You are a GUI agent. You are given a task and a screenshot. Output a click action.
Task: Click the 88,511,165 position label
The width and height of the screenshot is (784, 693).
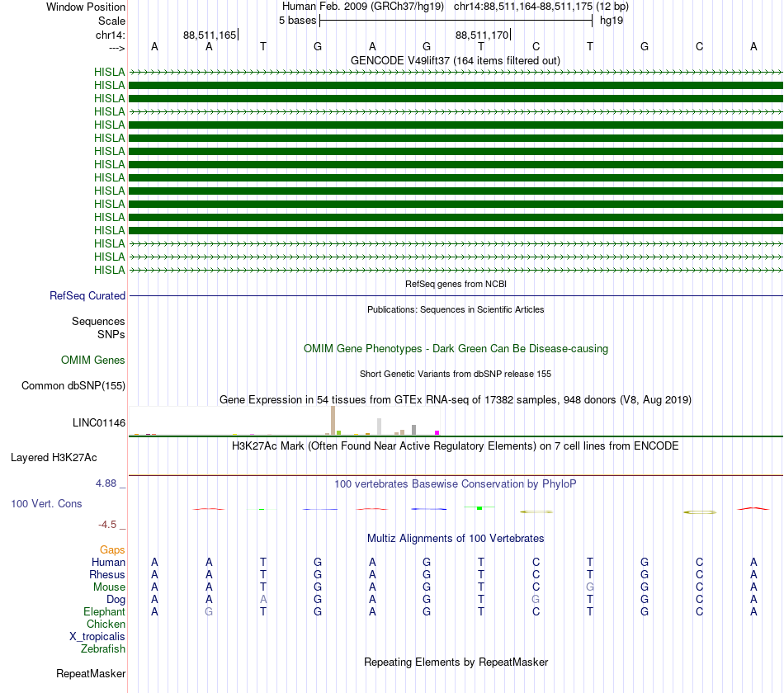pyautogui.click(x=210, y=35)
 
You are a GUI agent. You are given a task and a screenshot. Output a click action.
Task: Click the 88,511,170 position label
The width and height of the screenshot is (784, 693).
pyautogui.click(x=482, y=35)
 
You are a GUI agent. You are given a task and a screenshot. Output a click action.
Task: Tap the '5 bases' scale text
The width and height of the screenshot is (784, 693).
pyautogui.click(x=297, y=20)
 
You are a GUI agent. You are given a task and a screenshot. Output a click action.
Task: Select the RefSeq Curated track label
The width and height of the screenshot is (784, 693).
pyautogui.click(x=87, y=295)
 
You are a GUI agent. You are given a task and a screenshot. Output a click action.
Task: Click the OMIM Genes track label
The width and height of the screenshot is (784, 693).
pyautogui.click(x=93, y=360)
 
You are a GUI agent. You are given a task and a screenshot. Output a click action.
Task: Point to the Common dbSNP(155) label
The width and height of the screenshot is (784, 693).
pyautogui.click(x=73, y=385)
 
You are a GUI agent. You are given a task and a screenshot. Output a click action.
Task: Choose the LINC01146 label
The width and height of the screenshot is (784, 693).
pyautogui.click(x=99, y=422)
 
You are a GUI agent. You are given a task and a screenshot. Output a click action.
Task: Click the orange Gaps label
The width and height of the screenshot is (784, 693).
pyautogui.click(x=112, y=549)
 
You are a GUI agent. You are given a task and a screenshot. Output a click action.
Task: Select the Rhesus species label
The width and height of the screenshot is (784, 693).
pyautogui.click(x=107, y=574)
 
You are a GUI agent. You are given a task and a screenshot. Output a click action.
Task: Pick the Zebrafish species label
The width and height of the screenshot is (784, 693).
pyautogui.click(x=104, y=649)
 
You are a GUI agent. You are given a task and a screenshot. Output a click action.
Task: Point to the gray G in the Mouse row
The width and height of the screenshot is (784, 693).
pyautogui.click(x=590, y=587)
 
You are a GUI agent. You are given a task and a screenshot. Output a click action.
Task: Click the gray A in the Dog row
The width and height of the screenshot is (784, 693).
pyautogui.click(x=263, y=599)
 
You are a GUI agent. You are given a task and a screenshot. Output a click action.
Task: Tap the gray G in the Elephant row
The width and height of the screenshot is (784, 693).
pyautogui.click(x=209, y=611)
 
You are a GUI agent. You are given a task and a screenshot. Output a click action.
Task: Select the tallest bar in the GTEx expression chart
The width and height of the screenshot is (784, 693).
pyautogui.click(x=333, y=419)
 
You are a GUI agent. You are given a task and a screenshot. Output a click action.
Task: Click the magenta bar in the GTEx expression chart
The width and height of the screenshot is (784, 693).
pyautogui.click(x=437, y=431)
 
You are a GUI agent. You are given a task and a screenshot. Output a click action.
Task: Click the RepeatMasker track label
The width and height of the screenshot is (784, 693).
pyautogui.click(x=90, y=673)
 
